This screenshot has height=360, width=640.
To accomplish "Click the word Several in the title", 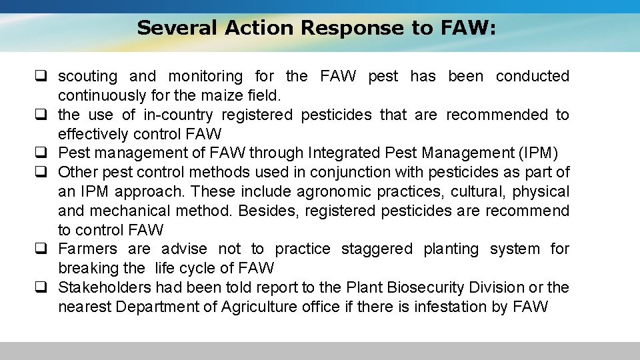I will pyautogui.click(x=177, y=28).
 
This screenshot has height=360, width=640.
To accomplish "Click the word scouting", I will pyautogui.click(x=87, y=77).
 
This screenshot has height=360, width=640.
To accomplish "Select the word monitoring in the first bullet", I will pyautogui.click(x=205, y=77).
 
